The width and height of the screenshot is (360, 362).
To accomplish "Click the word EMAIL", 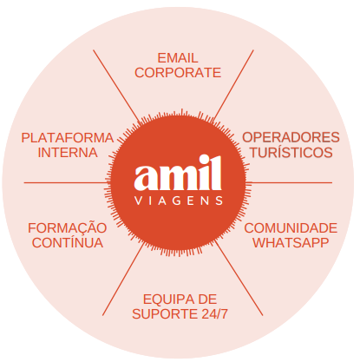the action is pos(178,58).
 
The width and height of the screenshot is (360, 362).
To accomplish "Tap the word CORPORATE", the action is pos(178,73).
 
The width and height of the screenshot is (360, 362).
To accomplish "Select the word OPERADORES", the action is pos(291,137).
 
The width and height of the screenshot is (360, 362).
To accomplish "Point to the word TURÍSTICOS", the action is pos(291,152).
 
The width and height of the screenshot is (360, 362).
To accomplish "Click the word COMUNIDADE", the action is pos(291,228).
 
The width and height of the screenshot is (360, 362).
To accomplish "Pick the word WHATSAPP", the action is pos(291,243).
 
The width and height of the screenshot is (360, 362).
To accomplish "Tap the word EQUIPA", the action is pos(167,299).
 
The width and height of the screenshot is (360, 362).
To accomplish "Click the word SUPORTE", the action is pos(165,314).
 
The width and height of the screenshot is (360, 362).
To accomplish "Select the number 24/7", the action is pos(214,314).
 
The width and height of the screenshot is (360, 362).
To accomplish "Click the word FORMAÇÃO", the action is pos(68,228).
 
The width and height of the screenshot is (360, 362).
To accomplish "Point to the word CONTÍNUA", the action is pos(68,242).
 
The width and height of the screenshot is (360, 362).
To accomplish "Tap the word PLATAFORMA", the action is pos(68,138).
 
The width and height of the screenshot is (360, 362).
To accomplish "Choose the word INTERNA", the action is pos(68,153).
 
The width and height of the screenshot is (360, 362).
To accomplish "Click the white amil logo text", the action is pos(178,173).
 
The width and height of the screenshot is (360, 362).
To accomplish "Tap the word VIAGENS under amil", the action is pos(179,201).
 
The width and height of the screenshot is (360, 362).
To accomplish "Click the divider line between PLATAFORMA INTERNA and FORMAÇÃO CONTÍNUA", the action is pos(66,182).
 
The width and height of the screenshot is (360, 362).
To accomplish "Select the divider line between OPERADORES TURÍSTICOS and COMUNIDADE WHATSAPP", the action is pos(291,182).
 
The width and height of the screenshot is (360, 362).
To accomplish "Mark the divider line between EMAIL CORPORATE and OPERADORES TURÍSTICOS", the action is pos(234,85).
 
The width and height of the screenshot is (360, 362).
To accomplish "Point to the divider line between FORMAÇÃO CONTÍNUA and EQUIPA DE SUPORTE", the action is pos(123,280).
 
